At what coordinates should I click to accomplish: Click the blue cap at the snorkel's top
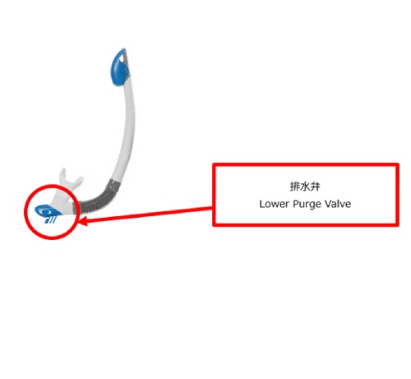(119, 67)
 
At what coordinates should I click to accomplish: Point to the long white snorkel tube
(127, 129)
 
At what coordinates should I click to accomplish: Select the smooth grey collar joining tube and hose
(113, 184)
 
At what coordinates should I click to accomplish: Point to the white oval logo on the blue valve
(44, 211)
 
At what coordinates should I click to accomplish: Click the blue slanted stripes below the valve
(51, 220)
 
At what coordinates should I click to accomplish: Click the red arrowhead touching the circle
(83, 220)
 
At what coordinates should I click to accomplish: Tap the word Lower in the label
(275, 204)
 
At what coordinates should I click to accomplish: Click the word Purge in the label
(307, 205)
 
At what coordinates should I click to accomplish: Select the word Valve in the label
(338, 204)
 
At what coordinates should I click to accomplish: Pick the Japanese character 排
(295, 187)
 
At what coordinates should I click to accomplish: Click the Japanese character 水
(305, 187)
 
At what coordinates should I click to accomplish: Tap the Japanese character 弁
(315, 187)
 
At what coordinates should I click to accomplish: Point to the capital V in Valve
(328, 204)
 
